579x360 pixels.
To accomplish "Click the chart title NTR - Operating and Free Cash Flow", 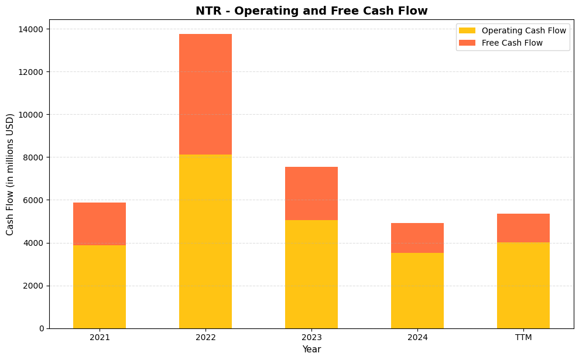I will (x=311, y=11).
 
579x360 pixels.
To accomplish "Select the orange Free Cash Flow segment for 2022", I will (x=205, y=94).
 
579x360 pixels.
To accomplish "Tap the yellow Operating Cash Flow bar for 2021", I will (x=100, y=287).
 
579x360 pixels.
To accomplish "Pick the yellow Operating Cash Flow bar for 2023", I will (x=311, y=274).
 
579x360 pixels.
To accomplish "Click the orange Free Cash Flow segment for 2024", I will (x=417, y=238).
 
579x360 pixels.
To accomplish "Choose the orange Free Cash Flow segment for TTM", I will (x=523, y=228).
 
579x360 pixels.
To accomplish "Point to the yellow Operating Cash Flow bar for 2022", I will (x=205, y=241).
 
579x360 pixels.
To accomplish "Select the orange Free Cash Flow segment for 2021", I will (x=100, y=224).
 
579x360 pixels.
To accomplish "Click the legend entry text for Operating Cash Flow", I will (x=523, y=30).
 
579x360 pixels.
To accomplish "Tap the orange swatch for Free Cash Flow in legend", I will (x=467, y=43).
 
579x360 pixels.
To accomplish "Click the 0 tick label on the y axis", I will (x=41, y=328).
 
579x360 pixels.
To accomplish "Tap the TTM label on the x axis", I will (x=523, y=337).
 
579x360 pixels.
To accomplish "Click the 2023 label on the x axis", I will (x=311, y=337).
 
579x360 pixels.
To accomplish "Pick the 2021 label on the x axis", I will (x=100, y=337).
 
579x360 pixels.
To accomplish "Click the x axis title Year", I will (x=311, y=349).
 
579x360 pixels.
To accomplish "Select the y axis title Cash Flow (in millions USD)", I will (x=10, y=174).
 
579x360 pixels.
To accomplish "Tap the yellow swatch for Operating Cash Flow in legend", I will (x=467, y=30).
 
